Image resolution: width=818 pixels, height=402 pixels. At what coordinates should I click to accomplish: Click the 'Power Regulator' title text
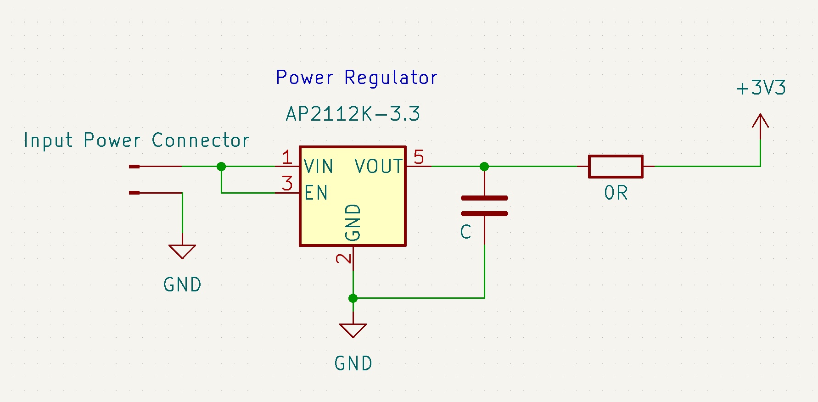point(357,78)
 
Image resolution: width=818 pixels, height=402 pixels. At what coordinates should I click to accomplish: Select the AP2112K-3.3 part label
point(353,114)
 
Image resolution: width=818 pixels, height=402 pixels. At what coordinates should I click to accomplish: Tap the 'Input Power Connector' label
point(136,140)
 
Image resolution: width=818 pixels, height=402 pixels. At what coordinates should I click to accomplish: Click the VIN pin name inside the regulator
point(319,166)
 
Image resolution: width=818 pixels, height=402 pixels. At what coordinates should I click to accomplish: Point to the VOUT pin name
point(379,166)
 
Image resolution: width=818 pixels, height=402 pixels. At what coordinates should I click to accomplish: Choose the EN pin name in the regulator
point(316,193)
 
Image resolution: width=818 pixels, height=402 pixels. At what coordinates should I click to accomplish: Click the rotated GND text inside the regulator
point(353,223)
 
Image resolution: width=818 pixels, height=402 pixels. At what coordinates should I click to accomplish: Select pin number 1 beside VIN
point(287,157)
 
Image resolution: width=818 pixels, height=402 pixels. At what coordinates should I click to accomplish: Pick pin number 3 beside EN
point(287,184)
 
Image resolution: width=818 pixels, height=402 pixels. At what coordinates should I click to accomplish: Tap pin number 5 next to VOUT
point(419,157)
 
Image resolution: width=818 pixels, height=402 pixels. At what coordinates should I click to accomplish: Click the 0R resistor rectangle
point(616,166)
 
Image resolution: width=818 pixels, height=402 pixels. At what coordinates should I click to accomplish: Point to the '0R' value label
point(616,193)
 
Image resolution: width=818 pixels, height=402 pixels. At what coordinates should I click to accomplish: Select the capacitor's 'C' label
point(465,232)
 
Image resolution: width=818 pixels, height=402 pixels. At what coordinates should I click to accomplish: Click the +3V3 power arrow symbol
point(761,127)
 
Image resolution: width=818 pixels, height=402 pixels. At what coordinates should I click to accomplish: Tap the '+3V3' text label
point(761,88)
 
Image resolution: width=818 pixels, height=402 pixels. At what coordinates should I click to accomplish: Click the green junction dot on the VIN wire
point(221,166)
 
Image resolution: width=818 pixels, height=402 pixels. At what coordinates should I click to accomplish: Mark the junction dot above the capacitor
point(484,166)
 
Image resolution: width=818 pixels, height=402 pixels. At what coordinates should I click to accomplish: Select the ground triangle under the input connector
point(182,251)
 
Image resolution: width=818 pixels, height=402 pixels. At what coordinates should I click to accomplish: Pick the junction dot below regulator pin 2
point(353,298)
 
